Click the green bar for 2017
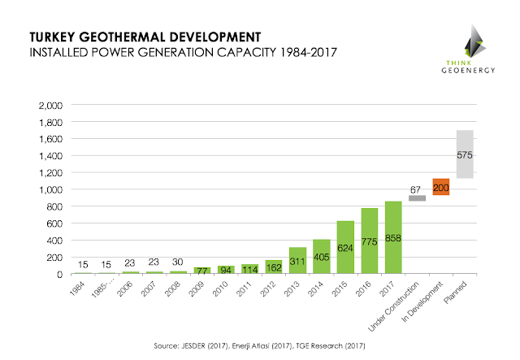pyautogui.click(x=392, y=237)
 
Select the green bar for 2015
pyautogui.click(x=345, y=247)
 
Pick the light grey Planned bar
pyautogui.click(x=465, y=154)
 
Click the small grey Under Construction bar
pyautogui.click(x=417, y=197)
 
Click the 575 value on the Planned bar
pyautogui.click(x=465, y=153)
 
